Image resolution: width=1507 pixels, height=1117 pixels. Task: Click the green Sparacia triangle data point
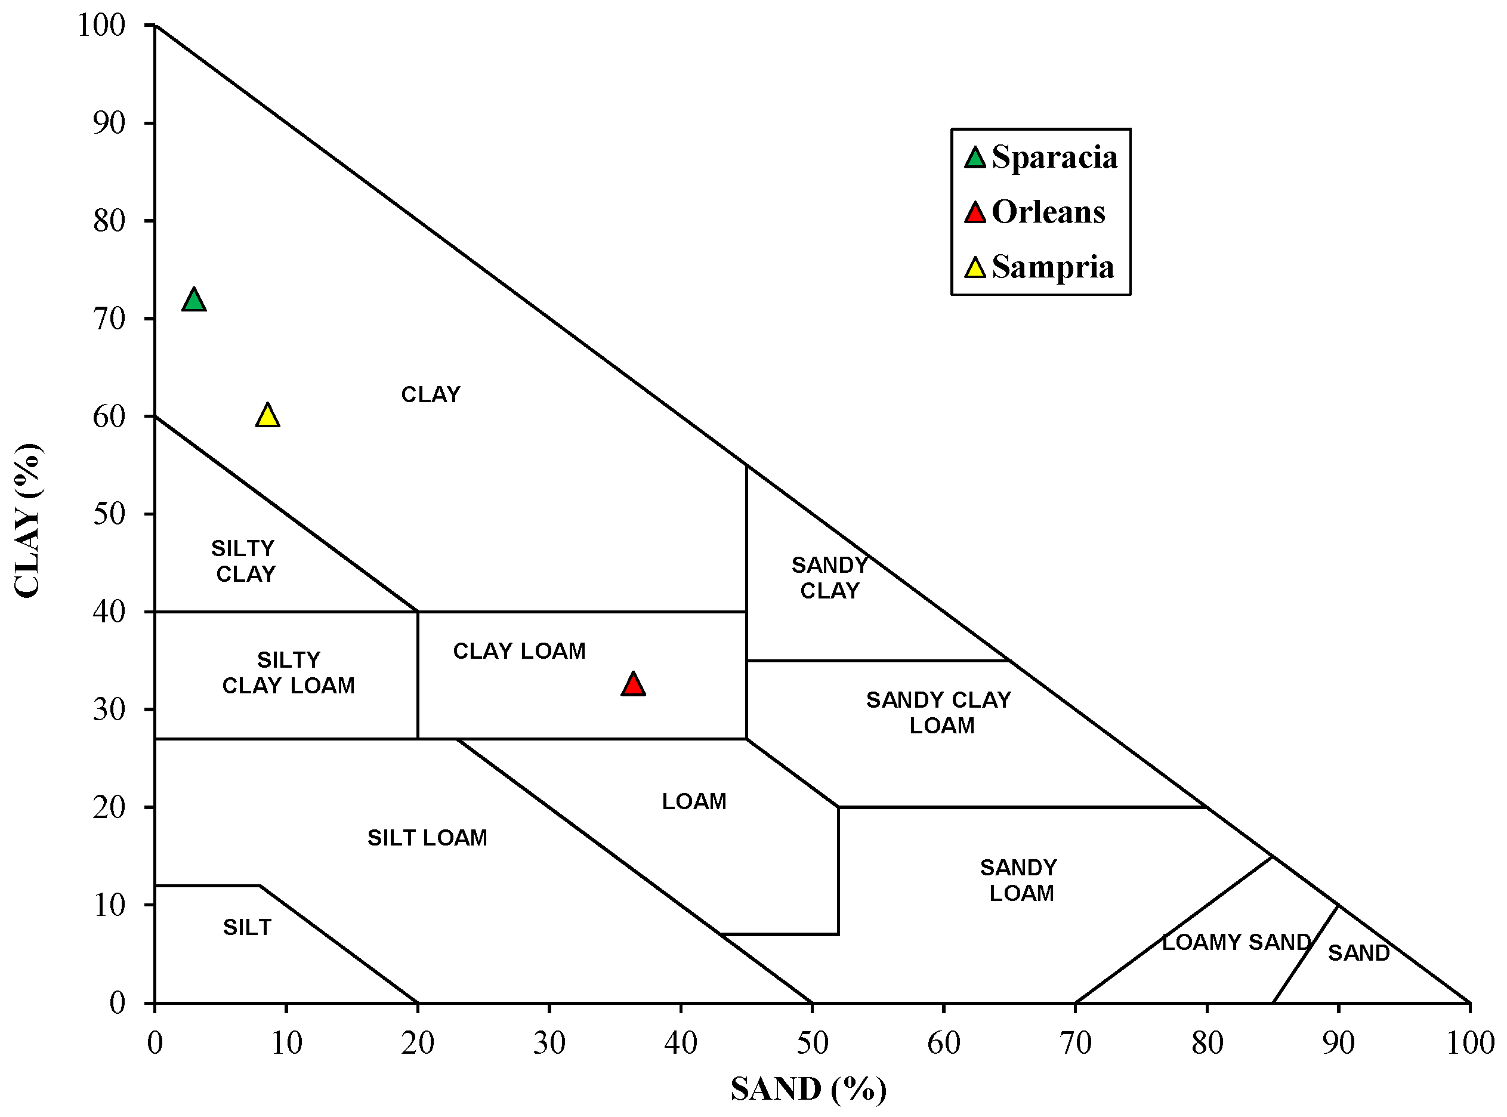(x=194, y=300)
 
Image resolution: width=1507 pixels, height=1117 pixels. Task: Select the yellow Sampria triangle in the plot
(x=268, y=416)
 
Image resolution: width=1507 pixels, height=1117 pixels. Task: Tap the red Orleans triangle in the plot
(x=633, y=684)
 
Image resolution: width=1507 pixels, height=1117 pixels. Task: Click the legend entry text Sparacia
(x=1054, y=158)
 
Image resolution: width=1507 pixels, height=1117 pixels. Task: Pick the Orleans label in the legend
(x=1048, y=212)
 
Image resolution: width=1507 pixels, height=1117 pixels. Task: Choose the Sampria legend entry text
(x=1052, y=267)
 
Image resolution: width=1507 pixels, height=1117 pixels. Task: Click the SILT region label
(x=248, y=927)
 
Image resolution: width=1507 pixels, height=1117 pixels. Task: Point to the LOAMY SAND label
(x=1237, y=942)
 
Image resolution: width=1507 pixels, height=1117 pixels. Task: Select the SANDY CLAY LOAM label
(x=939, y=712)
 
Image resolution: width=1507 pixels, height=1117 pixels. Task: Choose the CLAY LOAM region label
(x=519, y=650)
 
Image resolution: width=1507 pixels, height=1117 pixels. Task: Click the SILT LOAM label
(x=427, y=838)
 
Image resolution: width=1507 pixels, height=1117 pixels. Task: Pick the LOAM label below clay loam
(x=694, y=801)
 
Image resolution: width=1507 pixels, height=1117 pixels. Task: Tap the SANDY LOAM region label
(x=1020, y=880)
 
